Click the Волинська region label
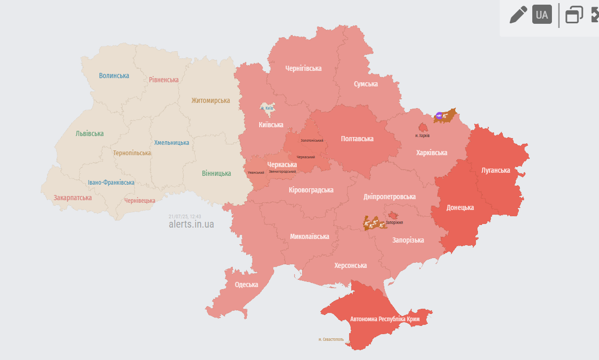click(x=114, y=76)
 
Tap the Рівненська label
click(x=163, y=80)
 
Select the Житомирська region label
click(x=210, y=100)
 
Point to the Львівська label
click(x=89, y=133)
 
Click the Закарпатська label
click(x=72, y=198)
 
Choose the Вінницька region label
click(x=216, y=173)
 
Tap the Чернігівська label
click(x=303, y=68)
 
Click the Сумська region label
click(x=365, y=84)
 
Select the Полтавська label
click(x=357, y=139)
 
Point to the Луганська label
click(x=495, y=170)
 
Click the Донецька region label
click(x=460, y=207)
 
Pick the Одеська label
click(x=246, y=284)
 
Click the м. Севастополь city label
click(x=331, y=339)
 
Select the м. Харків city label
click(x=422, y=136)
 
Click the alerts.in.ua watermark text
click(x=191, y=224)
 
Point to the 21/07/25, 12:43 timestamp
click(x=185, y=216)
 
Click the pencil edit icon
click(x=518, y=14)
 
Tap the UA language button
click(x=542, y=15)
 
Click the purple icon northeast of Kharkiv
click(x=439, y=116)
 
